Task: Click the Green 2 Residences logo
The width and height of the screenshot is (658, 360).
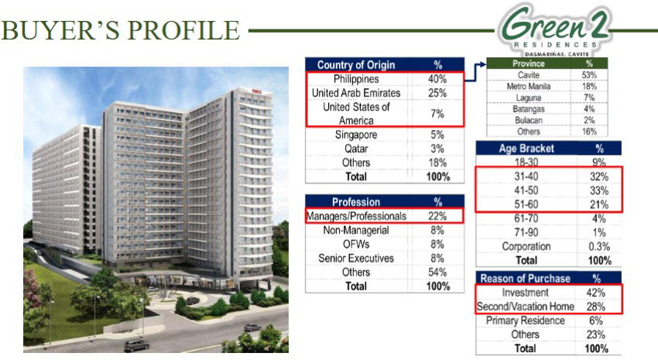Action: tap(554, 30)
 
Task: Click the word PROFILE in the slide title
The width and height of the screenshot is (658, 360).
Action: tap(183, 29)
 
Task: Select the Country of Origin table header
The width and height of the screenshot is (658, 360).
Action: tap(356, 64)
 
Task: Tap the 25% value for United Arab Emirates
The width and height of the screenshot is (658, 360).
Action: tap(437, 93)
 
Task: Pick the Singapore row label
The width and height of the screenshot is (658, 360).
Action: tap(356, 135)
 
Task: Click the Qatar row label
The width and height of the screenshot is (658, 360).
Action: tap(356, 149)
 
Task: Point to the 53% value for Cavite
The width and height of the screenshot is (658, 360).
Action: tap(589, 75)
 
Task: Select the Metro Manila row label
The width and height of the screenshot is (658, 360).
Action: tap(528, 87)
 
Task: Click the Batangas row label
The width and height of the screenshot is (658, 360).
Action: tap(528, 109)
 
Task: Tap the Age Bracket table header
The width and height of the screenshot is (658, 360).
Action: tap(526, 148)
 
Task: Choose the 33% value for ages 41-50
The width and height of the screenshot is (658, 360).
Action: tap(599, 190)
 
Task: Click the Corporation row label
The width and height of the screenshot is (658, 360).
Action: tap(526, 246)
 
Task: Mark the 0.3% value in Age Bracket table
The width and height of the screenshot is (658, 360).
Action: tap(599, 247)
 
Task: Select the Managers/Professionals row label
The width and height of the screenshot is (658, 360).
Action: tap(356, 216)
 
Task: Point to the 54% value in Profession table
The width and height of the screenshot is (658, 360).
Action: tap(437, 273)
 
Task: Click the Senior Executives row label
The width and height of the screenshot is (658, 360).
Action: tap(356, 259)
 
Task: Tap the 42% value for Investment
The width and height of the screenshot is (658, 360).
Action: tap(596, 293)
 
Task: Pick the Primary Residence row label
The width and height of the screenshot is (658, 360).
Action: tap(525, 321)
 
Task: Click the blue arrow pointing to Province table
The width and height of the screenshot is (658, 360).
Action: tap(475, 70)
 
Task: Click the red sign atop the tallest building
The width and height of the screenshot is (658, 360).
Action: tap(256, 91)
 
